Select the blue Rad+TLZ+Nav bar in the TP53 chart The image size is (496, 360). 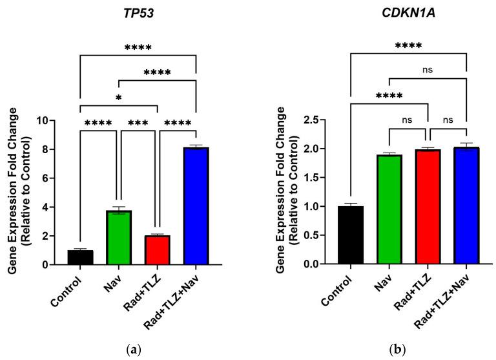195,206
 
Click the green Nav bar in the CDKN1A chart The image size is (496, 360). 388,210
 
